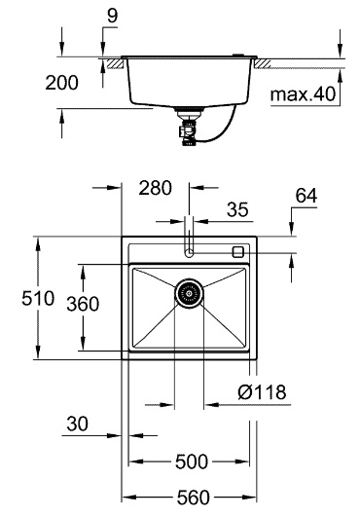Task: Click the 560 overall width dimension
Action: tap(193, 498)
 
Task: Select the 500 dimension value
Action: tap(192, 462)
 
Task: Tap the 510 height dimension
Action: tap(38, 298)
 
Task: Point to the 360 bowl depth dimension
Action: tap(83, 304)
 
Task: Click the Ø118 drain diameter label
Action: tap(262, 392)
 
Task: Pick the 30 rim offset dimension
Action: tap(78, 424)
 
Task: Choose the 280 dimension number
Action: tap(155, 188)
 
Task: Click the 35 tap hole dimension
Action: tap(237, 209)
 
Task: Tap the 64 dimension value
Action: tap(306, 196)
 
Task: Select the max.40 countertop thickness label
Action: tap(303, 94)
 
